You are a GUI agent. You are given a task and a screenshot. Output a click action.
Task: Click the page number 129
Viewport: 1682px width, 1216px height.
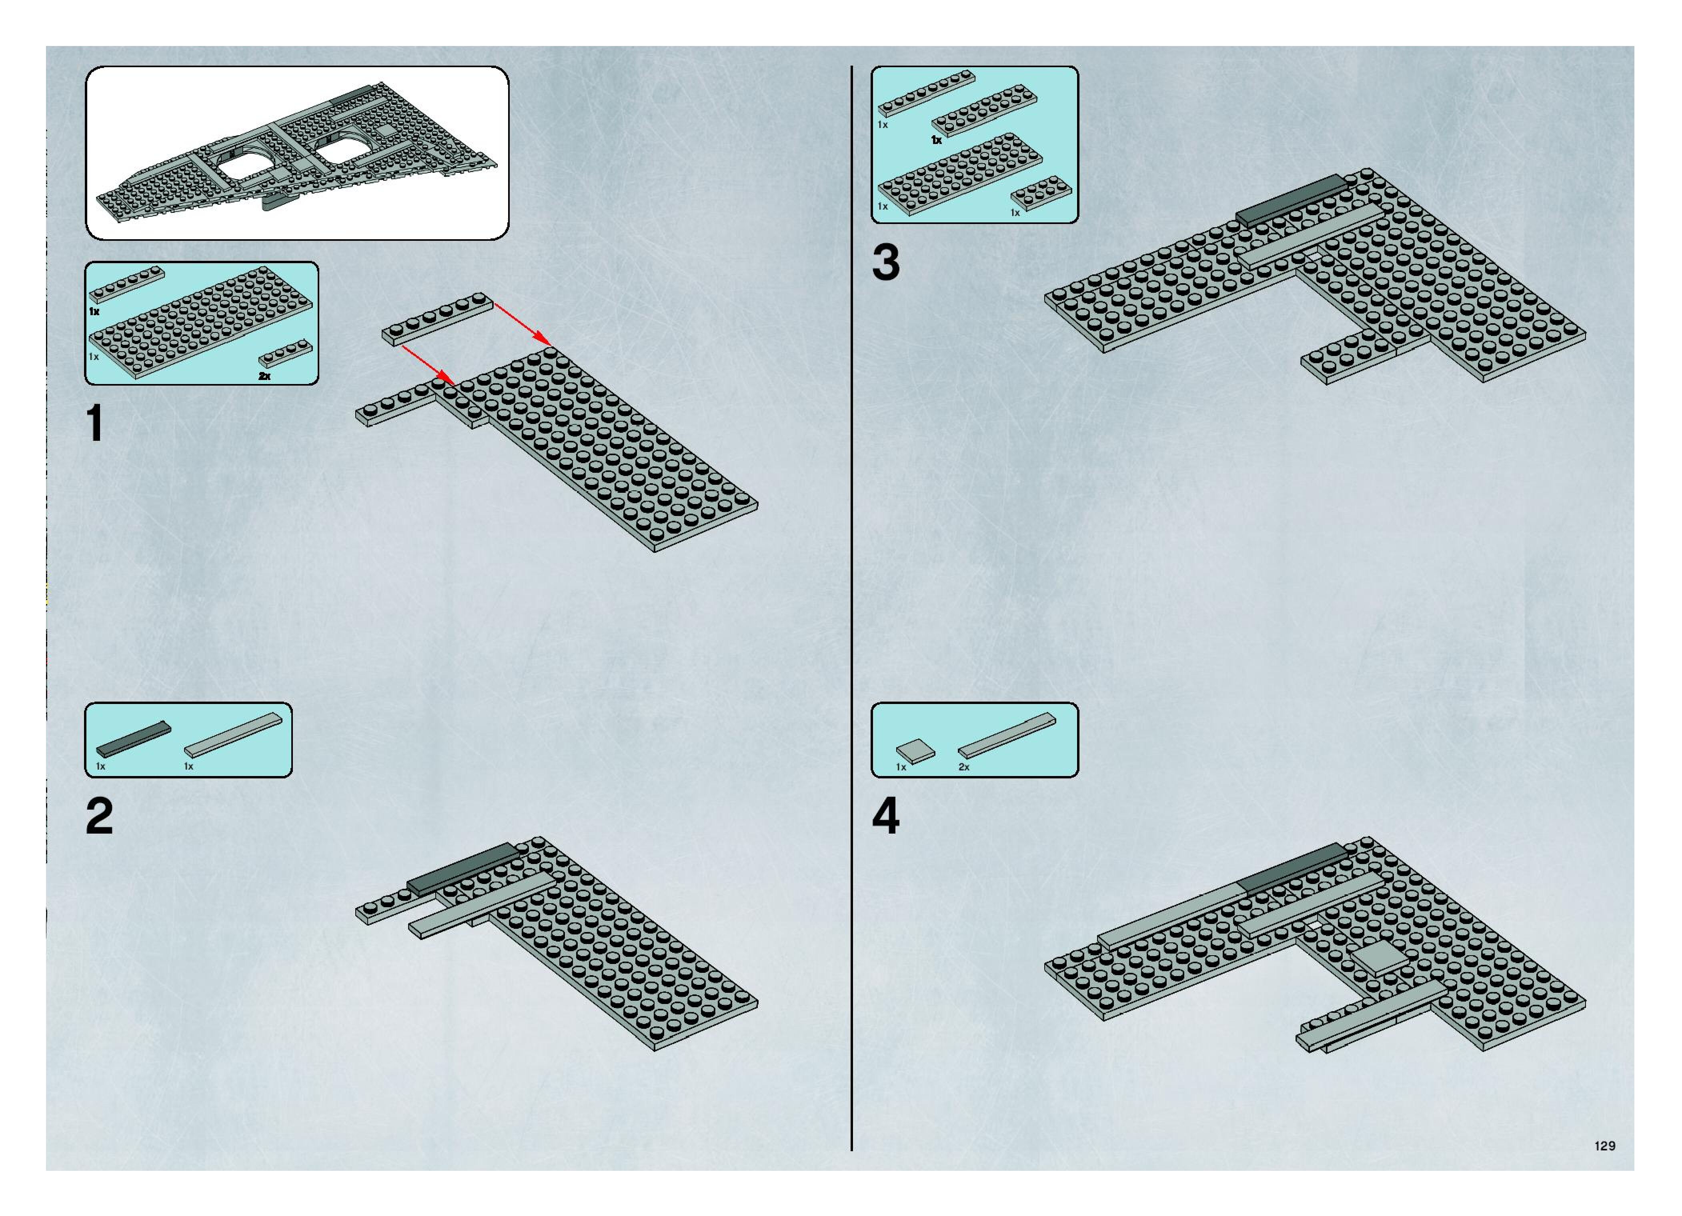click(1604, 1146)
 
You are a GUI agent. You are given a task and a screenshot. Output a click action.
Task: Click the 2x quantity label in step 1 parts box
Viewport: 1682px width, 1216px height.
click(265, 377)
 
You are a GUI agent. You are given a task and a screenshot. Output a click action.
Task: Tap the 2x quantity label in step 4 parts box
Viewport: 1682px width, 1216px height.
click(964, 767)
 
